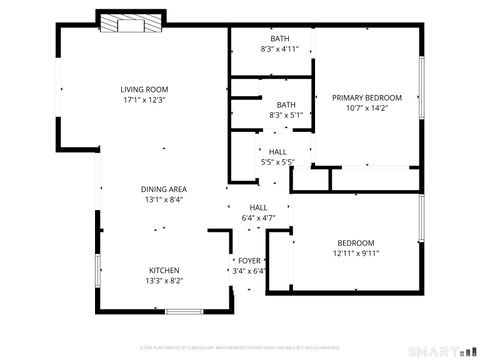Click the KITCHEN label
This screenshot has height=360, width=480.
pos(164,270)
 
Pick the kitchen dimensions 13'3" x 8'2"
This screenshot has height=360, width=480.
pos(164,281)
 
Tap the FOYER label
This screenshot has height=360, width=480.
pos(249,260)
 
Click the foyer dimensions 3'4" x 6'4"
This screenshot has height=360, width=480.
pos(249,270)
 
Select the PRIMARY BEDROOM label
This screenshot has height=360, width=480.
pos(367,97)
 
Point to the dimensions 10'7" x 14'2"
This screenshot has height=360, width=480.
pos(367,108)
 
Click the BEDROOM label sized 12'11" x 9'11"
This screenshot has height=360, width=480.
pos(355,243)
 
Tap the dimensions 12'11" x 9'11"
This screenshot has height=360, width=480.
pos(355,253)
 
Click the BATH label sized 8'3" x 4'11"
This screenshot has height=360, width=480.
pos(279,38)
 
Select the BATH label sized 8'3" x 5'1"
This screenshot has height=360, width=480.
pos(286,105)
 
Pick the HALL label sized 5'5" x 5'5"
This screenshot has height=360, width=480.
pos(277,151)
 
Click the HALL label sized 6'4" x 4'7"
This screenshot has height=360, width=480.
pos(258,207)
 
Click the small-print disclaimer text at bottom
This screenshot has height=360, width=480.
pos(240,347)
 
